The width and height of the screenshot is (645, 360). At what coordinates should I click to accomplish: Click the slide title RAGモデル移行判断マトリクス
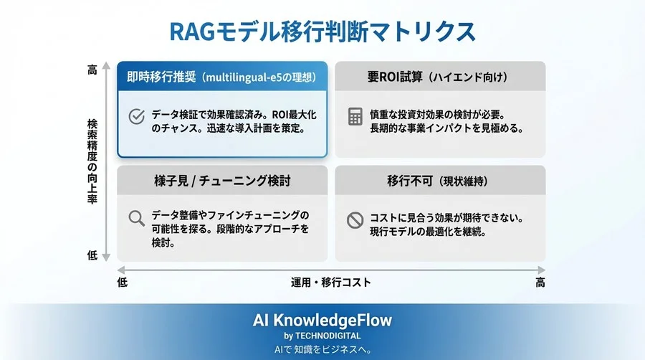click(322, 32)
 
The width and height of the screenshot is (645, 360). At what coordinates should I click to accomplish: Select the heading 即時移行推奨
click(161, 77)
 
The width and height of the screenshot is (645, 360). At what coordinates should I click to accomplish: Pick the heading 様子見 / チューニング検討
click(221, 181)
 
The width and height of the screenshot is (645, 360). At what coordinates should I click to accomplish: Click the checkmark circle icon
click(135, 117)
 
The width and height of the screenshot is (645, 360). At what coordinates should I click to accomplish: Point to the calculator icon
click(355, 117)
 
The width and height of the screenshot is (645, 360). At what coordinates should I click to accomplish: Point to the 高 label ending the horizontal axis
click(540, 283)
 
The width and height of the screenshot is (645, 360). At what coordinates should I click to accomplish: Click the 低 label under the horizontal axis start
click(122, 283)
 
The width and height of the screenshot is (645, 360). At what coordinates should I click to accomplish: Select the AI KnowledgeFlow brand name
click(322, 321)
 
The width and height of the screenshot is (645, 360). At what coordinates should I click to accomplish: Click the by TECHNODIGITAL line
click(322, 336)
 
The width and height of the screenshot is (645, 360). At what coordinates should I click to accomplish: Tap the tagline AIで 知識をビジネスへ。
click(322, 349)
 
